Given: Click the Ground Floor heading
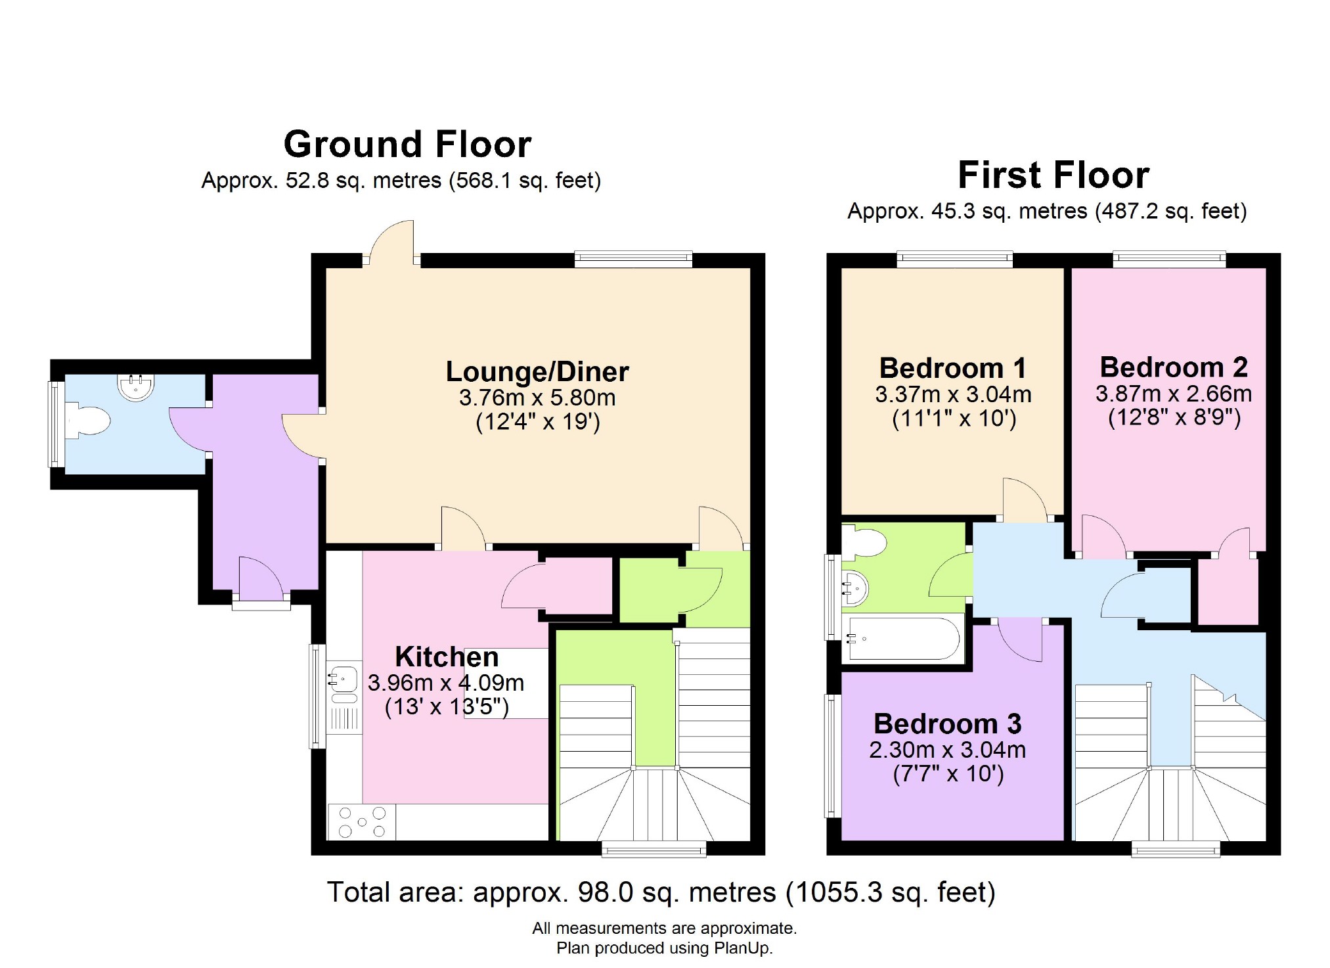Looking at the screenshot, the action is pos(407,145).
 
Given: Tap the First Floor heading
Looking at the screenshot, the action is pos(1053,175).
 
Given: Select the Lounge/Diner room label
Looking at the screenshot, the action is pos(537,372).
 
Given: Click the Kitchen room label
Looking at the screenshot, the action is pos(447,657).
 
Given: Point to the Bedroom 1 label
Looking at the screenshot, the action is pos(952,368).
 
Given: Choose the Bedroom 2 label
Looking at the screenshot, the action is pos(1174,367).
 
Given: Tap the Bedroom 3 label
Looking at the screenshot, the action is pos(947,724).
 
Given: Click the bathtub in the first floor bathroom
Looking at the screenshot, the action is pos(902,637).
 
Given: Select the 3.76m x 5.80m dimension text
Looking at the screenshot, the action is pos(537,398).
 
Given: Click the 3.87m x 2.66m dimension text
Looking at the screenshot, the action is pos(1174,394).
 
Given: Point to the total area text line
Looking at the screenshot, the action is pos(661,892).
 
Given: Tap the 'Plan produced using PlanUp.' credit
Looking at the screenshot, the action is pos(664,948).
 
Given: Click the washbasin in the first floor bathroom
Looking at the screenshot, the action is pos(856,588).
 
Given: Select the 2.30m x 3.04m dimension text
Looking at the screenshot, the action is pos(947,750).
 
